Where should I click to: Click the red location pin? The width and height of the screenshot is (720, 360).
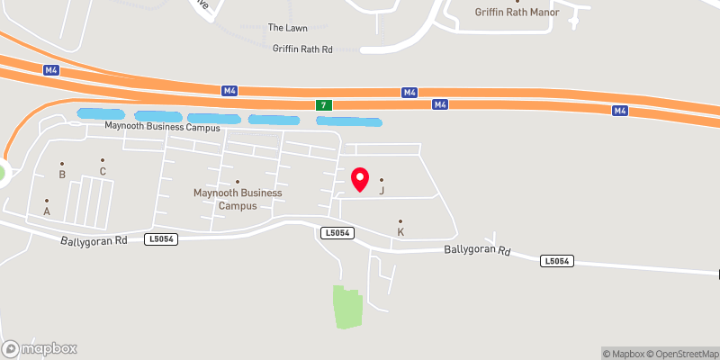[360, 179]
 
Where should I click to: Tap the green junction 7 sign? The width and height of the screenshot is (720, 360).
[322, 105]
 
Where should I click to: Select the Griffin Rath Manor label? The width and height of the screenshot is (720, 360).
[517, 13]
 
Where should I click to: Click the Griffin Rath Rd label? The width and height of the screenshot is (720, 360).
[303, 49]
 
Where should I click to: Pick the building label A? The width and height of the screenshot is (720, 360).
[47, 211]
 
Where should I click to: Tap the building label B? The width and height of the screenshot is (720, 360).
[62, 175]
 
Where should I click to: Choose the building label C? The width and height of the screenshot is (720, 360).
[103, 171]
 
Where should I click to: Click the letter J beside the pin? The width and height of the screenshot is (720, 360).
[382, 190]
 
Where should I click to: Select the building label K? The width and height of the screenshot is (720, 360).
[400, 232]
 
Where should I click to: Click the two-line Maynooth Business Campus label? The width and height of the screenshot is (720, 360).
[238, 199]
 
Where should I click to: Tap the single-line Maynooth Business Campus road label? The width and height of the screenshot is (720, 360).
[162, 127]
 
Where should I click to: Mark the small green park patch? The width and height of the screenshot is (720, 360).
[346, 307]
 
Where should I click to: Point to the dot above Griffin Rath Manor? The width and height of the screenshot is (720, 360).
[517, 1]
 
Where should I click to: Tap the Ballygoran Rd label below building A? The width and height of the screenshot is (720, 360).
[94, 241]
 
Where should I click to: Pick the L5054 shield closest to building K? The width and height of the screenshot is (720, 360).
[337, 233]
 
